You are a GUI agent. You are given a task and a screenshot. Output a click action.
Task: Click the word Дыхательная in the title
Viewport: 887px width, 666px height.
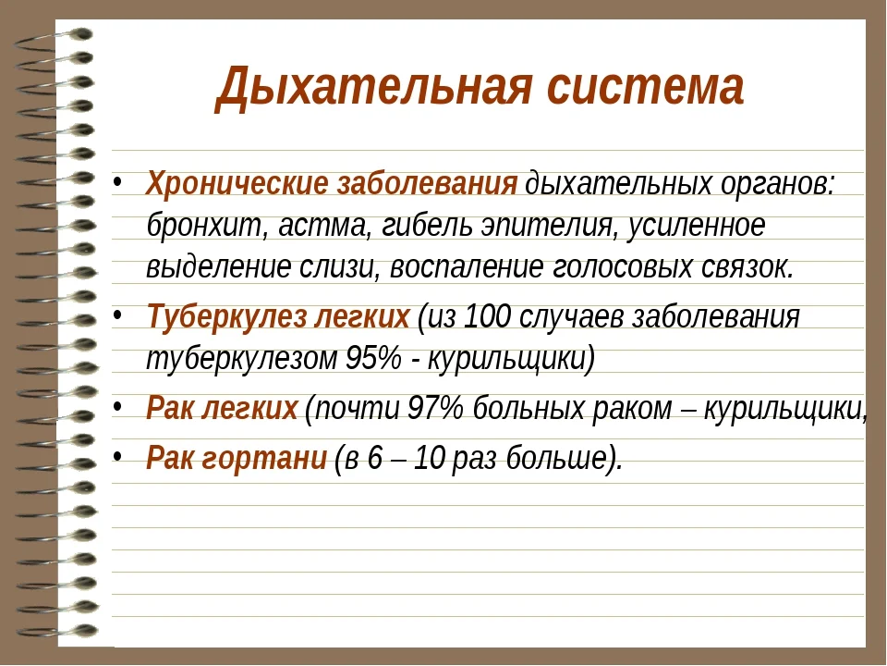click(371, 88)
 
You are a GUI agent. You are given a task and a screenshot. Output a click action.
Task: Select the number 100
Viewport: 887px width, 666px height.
click(487, 317)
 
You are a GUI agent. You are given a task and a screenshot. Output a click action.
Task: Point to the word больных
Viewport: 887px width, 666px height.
click(524, 409)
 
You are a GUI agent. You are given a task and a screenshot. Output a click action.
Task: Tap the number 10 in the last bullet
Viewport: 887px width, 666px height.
click(430, 457)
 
